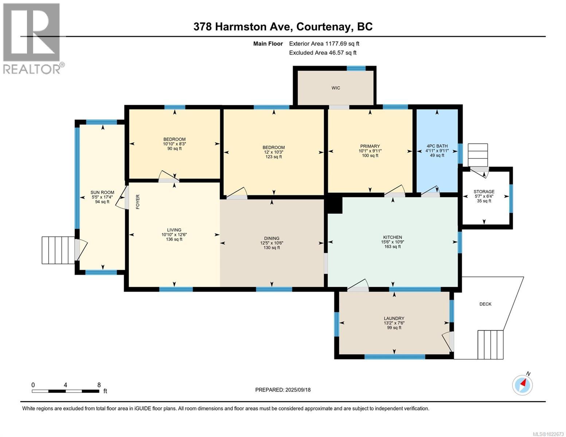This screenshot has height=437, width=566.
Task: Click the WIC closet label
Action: [x=336, y=88]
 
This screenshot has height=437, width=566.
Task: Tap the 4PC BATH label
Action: [x=437, y=146]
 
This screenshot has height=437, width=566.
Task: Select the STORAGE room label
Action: [x=484, y=192]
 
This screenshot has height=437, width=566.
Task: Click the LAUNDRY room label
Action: [x=394, y=318]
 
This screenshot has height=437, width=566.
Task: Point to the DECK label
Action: [x=485, y=304]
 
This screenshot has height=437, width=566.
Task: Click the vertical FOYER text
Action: [x=138, y=202]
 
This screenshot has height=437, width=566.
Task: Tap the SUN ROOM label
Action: [x=102, y=193]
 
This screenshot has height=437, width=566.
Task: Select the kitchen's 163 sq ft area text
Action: [x=392, y=247]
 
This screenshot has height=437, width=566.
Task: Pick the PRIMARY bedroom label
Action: [x=370, y=146]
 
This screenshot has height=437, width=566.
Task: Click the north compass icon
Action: [x=522, y=385]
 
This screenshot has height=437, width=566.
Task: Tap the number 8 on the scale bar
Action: [x=99, y=385]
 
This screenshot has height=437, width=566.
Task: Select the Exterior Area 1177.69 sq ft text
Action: [x=324, y=44]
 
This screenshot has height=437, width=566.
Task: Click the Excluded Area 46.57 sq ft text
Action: [x=323, y=53]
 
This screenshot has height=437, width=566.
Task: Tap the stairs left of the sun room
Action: [x=58, y=250]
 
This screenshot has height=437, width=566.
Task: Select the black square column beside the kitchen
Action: [x=334, y=205]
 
